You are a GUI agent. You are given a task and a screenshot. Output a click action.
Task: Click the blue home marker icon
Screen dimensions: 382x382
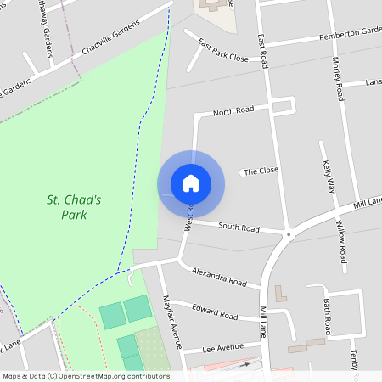pyautogui.click(x=191, y=183)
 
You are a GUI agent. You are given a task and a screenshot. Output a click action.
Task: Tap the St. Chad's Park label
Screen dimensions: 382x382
pyautogui.click(x=74, y=207)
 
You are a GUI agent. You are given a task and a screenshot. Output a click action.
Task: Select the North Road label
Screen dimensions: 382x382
pyautogui.click(x=233, y=112)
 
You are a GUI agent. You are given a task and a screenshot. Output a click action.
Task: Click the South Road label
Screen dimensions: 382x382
pyautogui.click(x=239, y=228)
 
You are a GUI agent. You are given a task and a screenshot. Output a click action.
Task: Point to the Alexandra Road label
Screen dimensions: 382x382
pyautogui.click(x=219, y=277)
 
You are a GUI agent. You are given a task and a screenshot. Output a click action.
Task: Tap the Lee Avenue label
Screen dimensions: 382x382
pyautogui.click(x=222, y=349)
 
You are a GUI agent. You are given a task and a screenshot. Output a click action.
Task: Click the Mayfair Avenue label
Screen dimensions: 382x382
pyautogui.click(x=172, y=322)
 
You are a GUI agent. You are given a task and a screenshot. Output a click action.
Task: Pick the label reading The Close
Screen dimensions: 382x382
pyautogui.click(x=261, y=171)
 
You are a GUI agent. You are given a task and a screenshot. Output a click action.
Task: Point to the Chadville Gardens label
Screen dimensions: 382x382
pyautogui.click(x=110, y=40)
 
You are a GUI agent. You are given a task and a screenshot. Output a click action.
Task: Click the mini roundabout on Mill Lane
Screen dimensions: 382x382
pyautogui.click(x=289, y=234)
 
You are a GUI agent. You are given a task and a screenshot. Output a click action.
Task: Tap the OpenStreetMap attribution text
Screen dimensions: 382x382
pyautogui.click(x=86, y=376)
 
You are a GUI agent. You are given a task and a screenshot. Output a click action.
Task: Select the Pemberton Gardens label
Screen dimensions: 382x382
pyautogui.click(x=350, y=33)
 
